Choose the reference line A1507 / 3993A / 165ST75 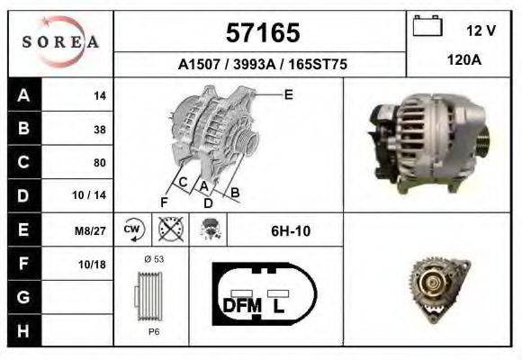(x=263, y=65)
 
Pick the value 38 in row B (x=99, y=129)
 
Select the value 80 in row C (x=99, y=163)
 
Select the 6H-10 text (x=291, y=230)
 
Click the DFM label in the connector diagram (x=241, y=306)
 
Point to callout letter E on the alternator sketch (x=288, y=94)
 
